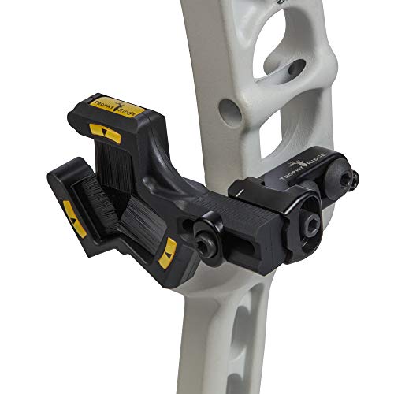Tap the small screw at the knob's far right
pyautogui.click(x=354, y=180)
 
